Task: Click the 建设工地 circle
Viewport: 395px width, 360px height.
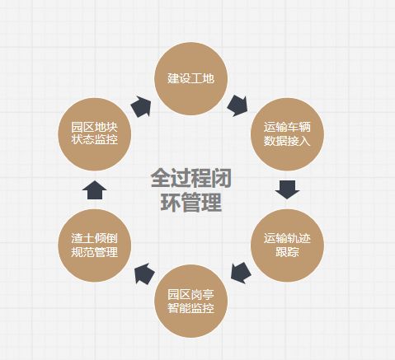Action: (191, 78)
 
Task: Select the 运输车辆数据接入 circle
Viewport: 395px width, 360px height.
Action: (287, 134)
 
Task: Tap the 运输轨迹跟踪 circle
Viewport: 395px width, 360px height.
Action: (287, 245)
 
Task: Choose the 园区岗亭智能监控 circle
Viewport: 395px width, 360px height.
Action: (191, 301)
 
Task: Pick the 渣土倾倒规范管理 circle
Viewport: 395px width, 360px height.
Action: (95, 245)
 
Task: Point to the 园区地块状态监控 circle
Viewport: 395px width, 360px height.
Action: (95, 134)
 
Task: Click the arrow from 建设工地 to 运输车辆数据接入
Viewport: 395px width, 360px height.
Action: (237, 105)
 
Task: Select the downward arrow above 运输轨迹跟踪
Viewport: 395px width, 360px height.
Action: (287, 189)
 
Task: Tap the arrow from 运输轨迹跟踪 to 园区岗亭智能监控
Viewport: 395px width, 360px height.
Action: (241, 273)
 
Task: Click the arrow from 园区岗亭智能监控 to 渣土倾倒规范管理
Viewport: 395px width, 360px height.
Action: (144, 274)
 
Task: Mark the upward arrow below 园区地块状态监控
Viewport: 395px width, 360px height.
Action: (95, 189)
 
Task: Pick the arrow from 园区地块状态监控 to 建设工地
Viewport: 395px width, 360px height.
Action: (141, 106)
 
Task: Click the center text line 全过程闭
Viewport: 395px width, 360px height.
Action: (191, 179)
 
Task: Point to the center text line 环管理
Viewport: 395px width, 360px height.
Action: (191, 202)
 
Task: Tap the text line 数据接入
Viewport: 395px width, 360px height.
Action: (287, 141)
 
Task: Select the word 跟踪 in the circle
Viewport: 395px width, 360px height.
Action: (287, 252)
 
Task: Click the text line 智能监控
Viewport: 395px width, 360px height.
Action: (191, 308)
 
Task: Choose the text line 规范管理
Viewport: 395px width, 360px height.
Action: (95, 252)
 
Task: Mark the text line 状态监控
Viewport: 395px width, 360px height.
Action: (95, 139)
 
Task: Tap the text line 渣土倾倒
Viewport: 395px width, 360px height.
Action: (95, 238)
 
